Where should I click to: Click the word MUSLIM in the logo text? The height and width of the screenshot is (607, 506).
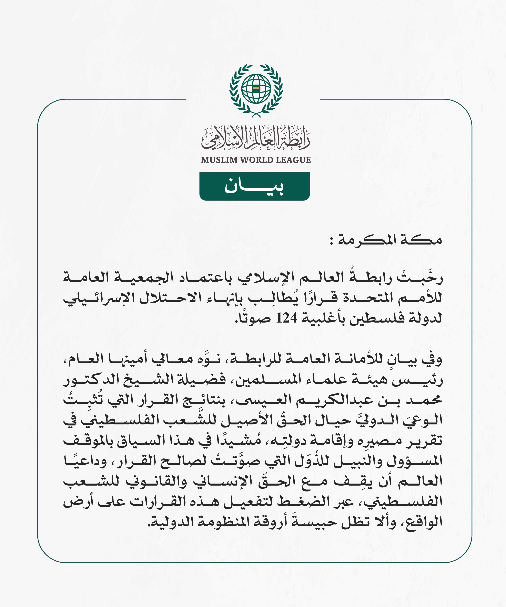[x=219, y=160]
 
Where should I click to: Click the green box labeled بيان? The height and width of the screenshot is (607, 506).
[x=254, y=186]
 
